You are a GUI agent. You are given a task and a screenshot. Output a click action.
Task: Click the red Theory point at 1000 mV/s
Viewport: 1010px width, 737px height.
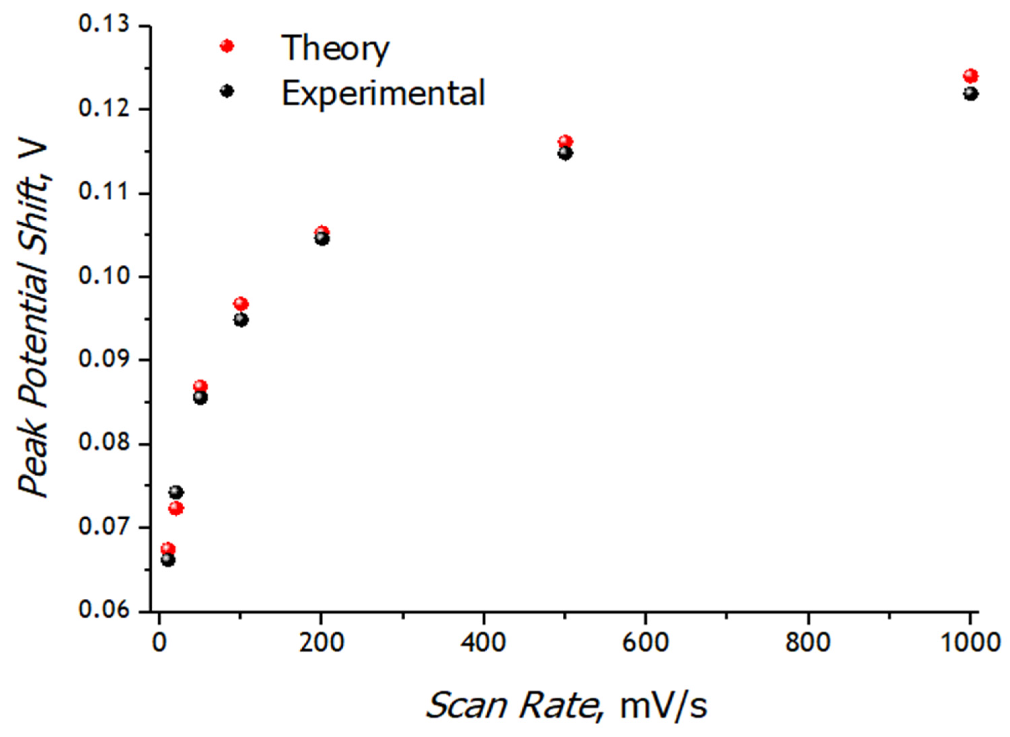pyautogui.click(x=970, y=76)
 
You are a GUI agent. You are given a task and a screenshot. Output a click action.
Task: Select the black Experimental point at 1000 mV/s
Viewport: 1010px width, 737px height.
pyautogui.click(x=970, y=94)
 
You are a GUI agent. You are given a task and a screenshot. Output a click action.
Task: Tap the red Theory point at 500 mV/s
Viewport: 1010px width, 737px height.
pyautogui.click(x=565, y=142)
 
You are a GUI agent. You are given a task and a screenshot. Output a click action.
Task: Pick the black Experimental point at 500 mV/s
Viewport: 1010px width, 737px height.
pyautogui.click(x=565, y=153)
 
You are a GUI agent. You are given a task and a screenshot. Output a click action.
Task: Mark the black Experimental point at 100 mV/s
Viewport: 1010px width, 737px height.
pyautogui.click(x=241, y=320)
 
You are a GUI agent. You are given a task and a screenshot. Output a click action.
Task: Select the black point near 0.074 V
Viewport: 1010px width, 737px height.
pyautogui.click(x=176, y=492)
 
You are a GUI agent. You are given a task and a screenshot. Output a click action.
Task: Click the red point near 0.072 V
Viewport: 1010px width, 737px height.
pyautogui.click(x=176, y=508)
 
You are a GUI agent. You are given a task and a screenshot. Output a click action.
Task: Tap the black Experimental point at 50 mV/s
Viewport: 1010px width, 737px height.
pyautogui.click(x=200, y=398)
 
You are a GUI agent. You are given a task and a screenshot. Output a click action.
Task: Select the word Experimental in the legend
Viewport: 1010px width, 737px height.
pyautogui.click(x=383, y=93)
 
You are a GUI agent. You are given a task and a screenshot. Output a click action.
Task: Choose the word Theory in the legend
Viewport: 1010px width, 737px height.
pyautogui.click(x=335, y=48)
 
